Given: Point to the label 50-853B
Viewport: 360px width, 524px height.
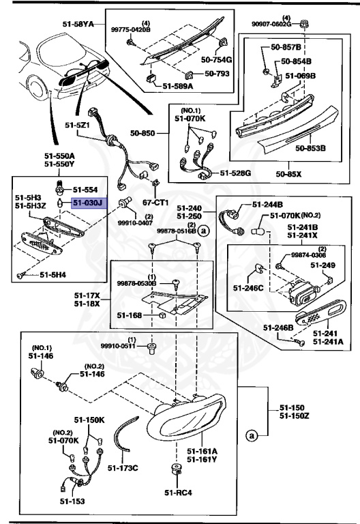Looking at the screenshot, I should click(x=310, y=147).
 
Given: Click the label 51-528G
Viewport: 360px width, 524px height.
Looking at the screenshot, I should click(x=235, y=174).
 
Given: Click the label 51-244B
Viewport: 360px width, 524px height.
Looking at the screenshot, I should click(x=268, y=203).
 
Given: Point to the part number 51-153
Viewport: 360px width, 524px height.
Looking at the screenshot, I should click(x=76, y=501).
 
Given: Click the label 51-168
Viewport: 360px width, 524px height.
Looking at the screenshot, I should click(x=127, y=315).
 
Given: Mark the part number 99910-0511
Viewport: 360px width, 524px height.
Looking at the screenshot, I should click(x=118, y=346).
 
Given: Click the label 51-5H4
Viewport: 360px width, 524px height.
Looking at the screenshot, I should click(x=52, y=275).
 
